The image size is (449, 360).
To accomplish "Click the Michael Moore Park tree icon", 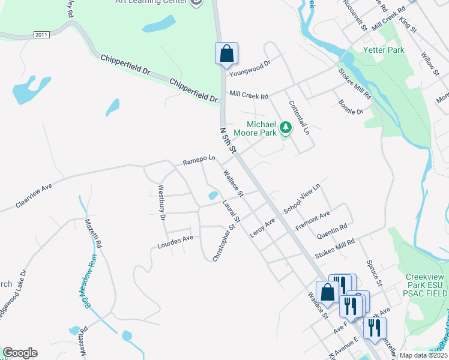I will (286, 127).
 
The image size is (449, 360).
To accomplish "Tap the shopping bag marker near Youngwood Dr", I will (226, 53).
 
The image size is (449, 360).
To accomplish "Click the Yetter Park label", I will (388, 50).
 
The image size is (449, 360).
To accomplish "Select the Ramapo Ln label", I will (199, 160).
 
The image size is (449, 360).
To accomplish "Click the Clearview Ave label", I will (34, 195).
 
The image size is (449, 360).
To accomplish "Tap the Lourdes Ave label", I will (175, 242).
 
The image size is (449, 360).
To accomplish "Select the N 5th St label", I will (228, 139).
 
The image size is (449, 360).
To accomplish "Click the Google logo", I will (20, 353).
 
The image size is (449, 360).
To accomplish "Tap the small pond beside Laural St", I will (212, 196).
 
